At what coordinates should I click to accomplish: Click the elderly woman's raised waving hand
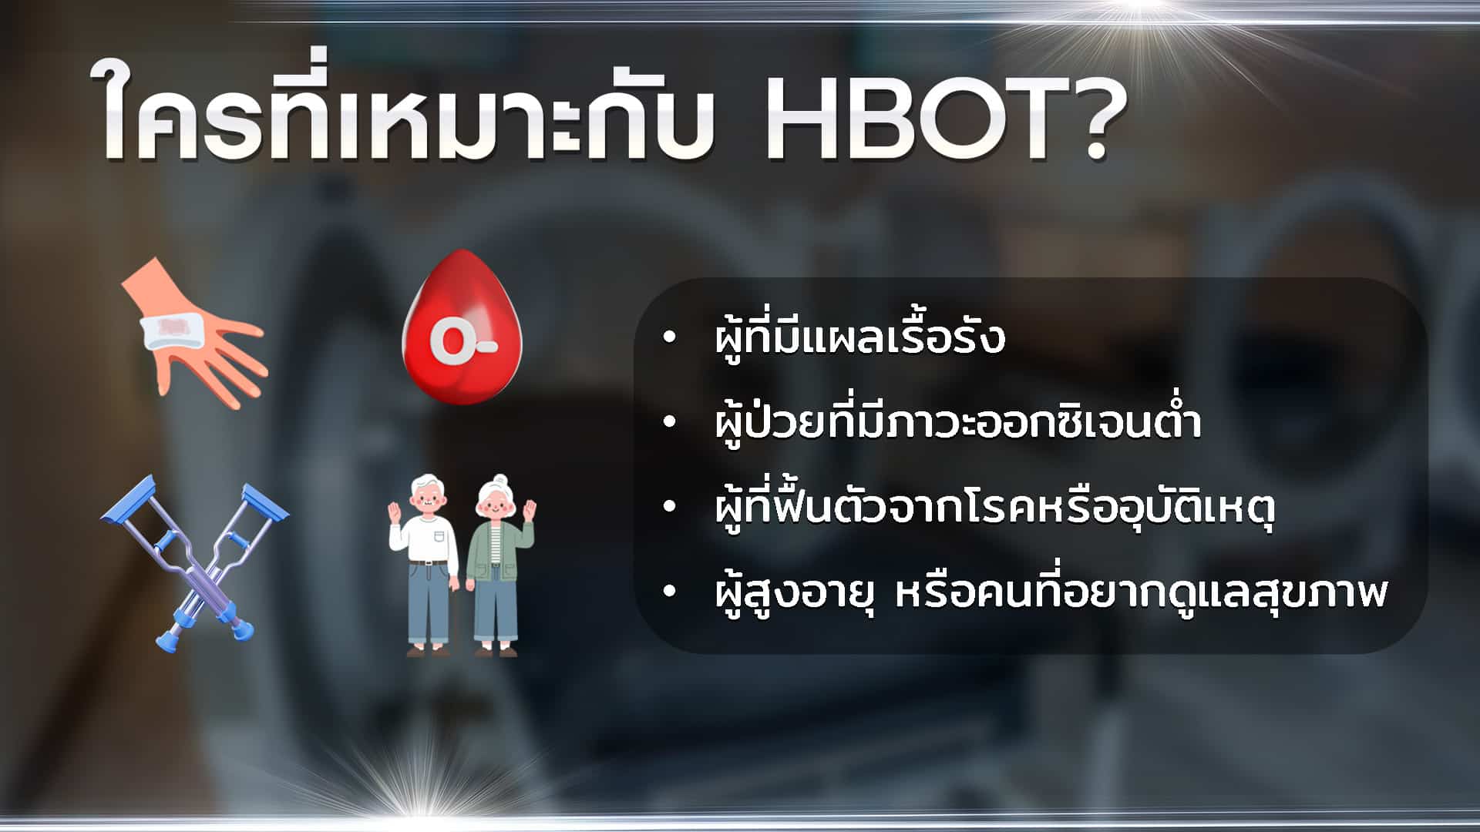529,512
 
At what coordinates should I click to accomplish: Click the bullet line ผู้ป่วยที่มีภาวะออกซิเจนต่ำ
957,423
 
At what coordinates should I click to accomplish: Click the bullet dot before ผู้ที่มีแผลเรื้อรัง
668,337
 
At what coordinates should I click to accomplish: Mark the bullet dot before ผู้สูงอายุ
668,592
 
